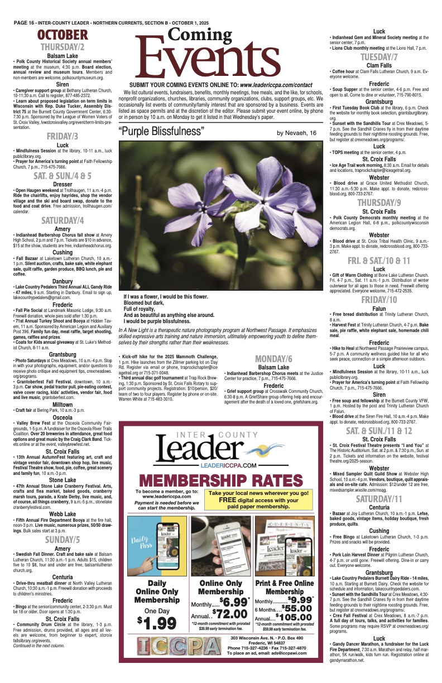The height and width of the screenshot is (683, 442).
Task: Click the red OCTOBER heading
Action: click(63, 36)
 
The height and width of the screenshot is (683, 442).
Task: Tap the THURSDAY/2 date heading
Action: click(63, 47)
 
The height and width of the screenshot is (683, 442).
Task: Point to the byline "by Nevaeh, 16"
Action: click(296, 133)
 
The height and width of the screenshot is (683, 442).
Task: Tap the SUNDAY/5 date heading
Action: click(63, 540)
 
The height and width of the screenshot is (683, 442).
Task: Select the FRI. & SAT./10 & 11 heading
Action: click(379, 261)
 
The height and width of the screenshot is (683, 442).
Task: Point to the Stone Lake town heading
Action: click(63, 479)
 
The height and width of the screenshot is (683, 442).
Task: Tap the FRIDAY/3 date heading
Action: click(63, 136)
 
